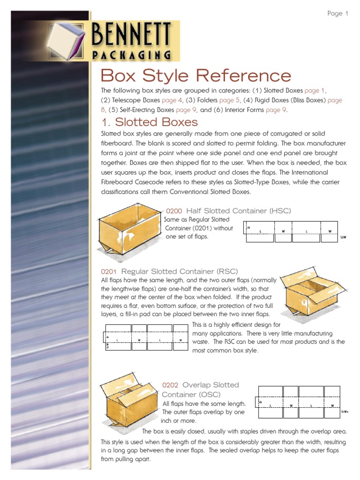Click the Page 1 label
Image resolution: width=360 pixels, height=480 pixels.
coord(337,14)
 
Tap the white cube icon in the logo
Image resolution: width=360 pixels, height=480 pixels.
coord(68,42)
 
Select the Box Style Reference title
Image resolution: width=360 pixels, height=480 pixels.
coord(196,75)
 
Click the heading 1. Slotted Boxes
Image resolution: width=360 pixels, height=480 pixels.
coord(150,122)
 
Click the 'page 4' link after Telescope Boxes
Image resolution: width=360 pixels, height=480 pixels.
coord(172,100)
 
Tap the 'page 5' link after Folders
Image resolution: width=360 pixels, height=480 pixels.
coord(230,100)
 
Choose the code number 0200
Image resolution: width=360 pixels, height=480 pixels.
coord(174,211)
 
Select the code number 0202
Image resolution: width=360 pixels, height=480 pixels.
coord(171,385)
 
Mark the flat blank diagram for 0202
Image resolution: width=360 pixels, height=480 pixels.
coord(299,402)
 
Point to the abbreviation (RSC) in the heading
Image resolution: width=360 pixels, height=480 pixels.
coord(227,271)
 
